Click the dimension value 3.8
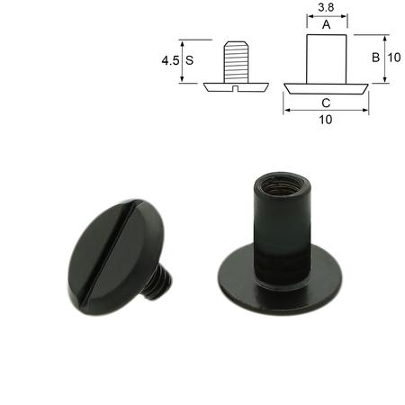pyautogui.click(x=326, y=9)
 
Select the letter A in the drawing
pyautogui.click(x=326, y=26)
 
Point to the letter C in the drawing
pyautogui.click(x=326, y=102)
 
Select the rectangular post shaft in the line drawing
pyautogui.click(x=326, y=58)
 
